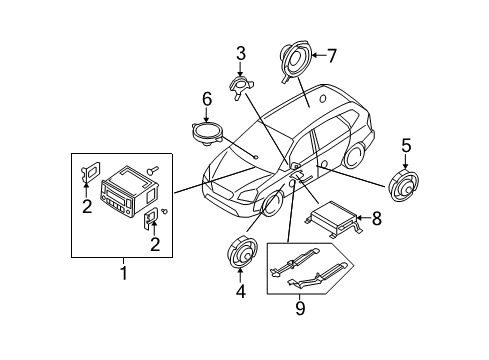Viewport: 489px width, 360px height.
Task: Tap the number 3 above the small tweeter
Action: (x=240, y=53)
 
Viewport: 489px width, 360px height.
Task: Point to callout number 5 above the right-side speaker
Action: (x=406, y=148)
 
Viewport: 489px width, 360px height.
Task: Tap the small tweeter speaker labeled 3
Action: (x=241, y=87)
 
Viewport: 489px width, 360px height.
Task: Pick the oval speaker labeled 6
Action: (x=206, y=130)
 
